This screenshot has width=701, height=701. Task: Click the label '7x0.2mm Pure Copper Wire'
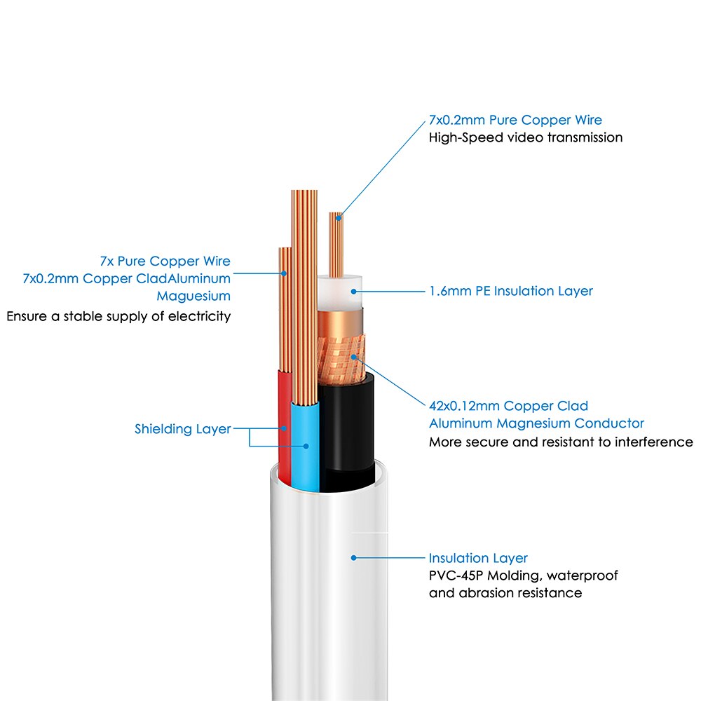coord(515,120)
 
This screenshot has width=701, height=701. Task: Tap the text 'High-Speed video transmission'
coord(526,137)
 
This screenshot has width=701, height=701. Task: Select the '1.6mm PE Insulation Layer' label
coord(511,291)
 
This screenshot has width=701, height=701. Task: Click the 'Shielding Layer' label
coord(183,429)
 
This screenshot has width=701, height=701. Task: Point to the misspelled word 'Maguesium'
coord(193,296)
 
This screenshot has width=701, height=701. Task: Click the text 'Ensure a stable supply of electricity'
coord(118,317)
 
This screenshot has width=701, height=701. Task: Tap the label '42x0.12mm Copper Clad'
coord(508,406)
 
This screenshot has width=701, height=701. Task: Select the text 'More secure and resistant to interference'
coord(561,442)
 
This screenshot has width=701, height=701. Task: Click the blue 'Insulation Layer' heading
coord(478,558)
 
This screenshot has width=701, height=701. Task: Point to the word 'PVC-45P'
coord(456,576)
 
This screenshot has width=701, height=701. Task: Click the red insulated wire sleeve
coord(285,427)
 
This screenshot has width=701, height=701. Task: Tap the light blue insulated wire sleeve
coord(306,447)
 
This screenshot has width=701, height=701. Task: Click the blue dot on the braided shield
coord(353,357)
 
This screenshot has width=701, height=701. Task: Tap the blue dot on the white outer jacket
coord(353,558)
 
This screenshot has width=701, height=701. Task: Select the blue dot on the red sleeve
coord(284,428)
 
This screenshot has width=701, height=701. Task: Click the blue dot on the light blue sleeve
coord(306,446)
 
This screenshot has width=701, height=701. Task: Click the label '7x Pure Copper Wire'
coord(165,261)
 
